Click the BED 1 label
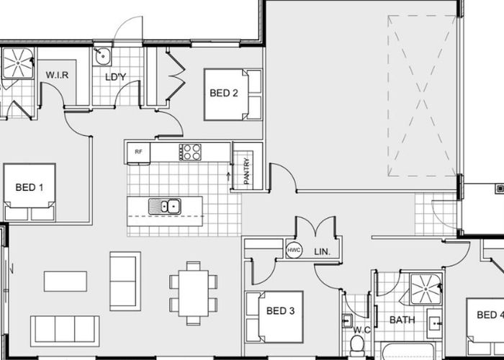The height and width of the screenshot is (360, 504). [x=30, y=187]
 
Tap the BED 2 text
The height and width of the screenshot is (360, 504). [x=224, y=93]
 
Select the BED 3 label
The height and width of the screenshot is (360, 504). [x=280, y=311]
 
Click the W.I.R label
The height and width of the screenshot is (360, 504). [x=57, y=75]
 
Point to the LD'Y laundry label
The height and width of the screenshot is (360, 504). [x=116, y=77]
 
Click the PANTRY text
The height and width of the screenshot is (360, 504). [x=246, y=171]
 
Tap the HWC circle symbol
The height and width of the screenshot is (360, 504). [x=294, y=250]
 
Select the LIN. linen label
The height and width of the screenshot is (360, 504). [x=322, y=252]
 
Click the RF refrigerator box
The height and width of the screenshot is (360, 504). [x=138, y=153]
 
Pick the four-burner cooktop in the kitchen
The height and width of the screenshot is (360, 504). [x=190, y=152]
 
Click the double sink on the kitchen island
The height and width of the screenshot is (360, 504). [x=165, y=207]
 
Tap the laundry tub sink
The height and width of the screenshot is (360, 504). [x=102, y=57]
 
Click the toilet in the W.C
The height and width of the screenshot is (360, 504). [x=356, y=344]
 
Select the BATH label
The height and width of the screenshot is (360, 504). [x=402, y=320]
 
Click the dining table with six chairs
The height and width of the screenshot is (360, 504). [x=194, y=293]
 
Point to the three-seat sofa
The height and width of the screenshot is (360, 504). [x=65, y=330]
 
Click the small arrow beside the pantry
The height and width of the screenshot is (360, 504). [x=228, y=176]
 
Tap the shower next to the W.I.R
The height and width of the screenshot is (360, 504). [x=18, y=63]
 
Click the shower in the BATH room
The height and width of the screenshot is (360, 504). [x=426, y=289]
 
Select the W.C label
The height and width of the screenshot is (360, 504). [x=361, y=330]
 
